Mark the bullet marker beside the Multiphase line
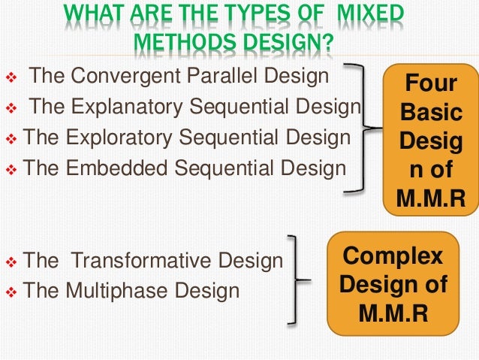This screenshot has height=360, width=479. coord(11,292)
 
